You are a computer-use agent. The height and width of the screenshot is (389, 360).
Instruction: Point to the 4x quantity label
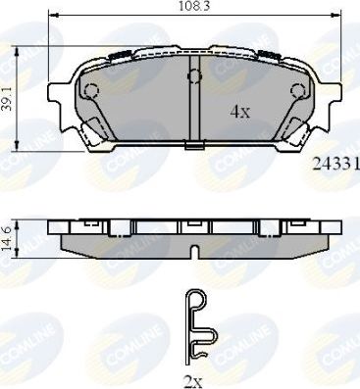tap(240, 112)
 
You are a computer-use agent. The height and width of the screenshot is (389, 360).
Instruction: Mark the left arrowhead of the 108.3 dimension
tap(57, 17)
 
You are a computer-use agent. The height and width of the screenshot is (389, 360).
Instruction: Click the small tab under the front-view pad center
tap(194, 148)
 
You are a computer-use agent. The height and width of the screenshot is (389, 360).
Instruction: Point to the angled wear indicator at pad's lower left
tap(95, 126)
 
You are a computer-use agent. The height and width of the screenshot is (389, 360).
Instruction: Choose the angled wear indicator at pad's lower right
tap(292, 126)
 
